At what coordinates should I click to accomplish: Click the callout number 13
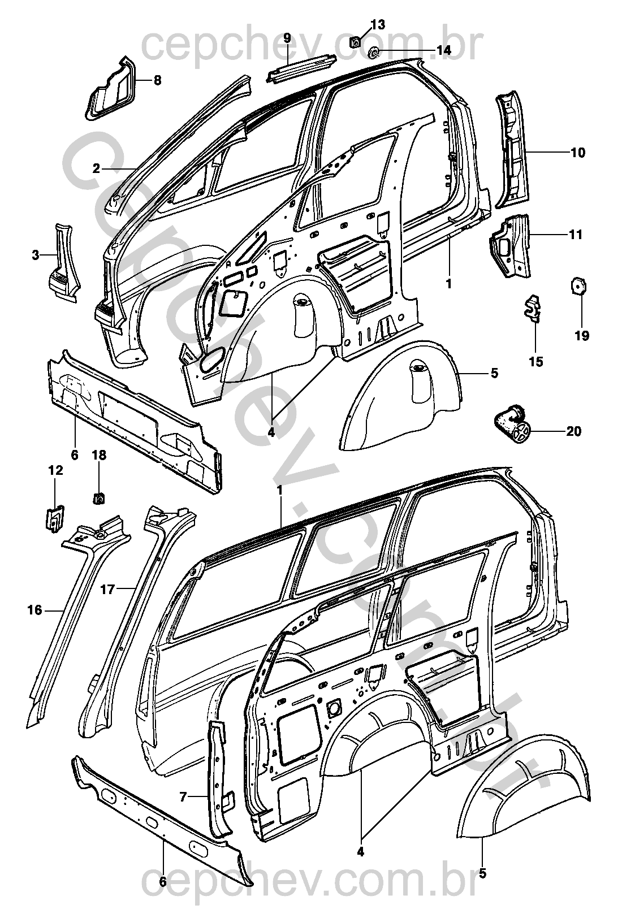(x=378, y=24)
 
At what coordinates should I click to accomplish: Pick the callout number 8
(x=157, y=81)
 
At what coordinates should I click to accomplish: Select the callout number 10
(x=578, y=153)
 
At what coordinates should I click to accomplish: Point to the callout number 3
(x=36, y=256)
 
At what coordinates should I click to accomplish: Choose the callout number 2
(x=97, y=168)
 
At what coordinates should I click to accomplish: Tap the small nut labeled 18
(x=99, y=498)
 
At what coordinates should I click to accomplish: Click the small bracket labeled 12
(x=54, y=516)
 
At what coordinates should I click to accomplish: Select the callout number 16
(x=34, y=610)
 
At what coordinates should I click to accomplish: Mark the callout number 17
(x=108, y=590)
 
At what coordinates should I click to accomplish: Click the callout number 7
(x=183, y=796)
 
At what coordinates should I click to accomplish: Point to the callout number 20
(x=573, y=432)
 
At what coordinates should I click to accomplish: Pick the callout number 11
(x=576, y=235)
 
